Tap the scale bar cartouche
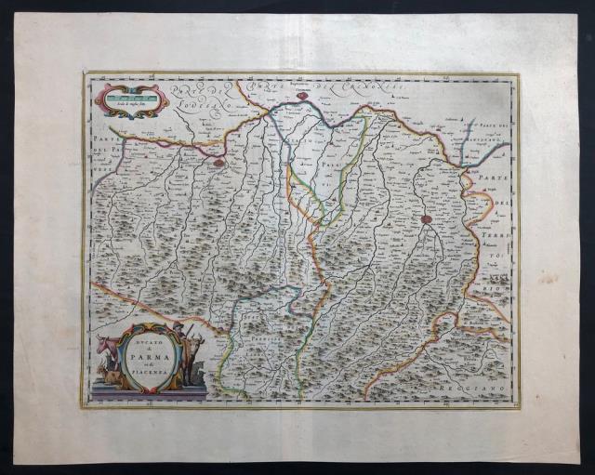(x=131, y=99)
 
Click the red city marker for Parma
(x=426, y=220)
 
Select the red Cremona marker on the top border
(x=300, y=96)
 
